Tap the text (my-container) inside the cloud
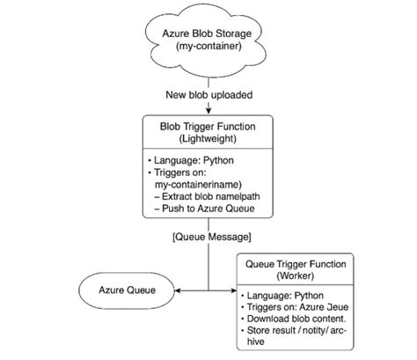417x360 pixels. (x=208, y=49)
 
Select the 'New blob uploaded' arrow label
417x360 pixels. (x=208, y=94)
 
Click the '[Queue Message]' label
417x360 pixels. (x=208, y=237)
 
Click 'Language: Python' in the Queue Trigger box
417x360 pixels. (x=283, y=296)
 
